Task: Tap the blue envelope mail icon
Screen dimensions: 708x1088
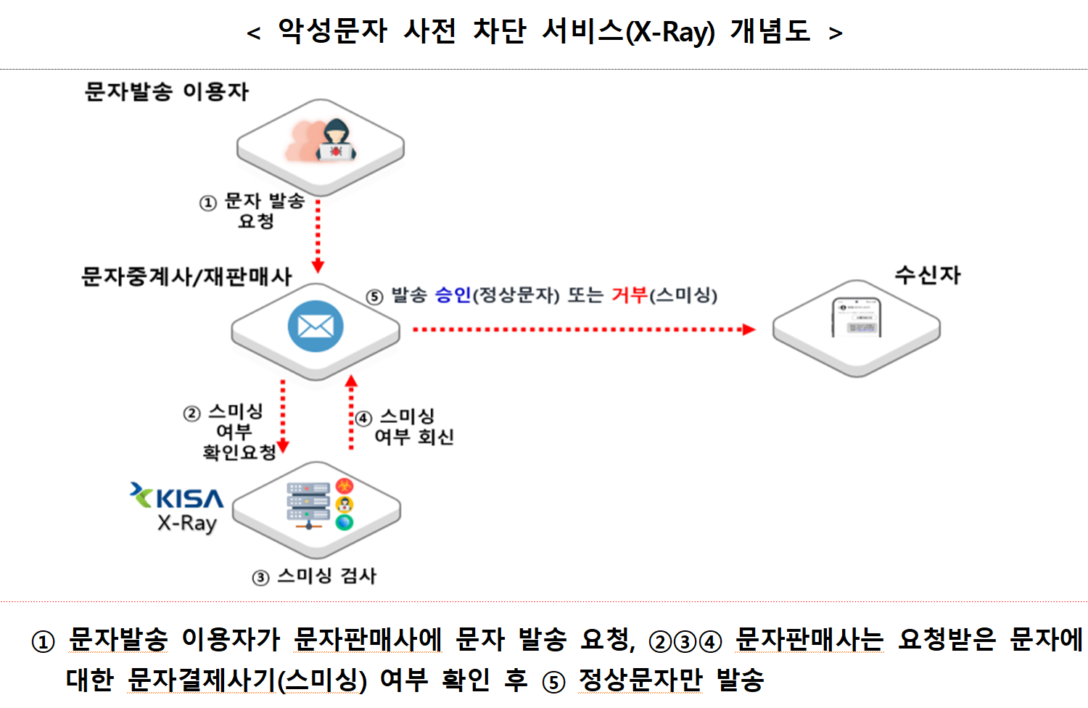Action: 316,326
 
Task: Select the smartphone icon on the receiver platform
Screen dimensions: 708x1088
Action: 856,318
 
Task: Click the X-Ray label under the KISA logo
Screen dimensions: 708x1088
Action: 187,523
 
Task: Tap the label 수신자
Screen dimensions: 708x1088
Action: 927,275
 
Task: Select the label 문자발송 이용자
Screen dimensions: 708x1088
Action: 166,91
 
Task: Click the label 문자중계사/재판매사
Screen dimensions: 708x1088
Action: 186,276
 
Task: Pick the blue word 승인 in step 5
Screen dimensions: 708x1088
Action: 453,295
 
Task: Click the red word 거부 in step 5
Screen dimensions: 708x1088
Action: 629,295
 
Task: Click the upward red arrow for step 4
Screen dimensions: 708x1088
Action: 352,413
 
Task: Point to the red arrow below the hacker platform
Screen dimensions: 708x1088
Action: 318,236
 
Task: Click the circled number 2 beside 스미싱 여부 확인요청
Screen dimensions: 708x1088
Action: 191,413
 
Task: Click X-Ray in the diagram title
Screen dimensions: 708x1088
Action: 670,33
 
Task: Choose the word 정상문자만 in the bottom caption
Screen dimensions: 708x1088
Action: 640,680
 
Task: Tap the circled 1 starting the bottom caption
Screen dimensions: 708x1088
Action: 43,642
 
